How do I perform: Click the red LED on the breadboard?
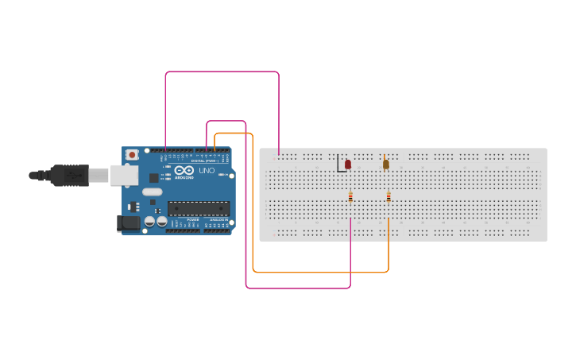click(347, 164)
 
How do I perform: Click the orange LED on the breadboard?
click(385, 165)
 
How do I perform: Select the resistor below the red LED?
click(350, 197)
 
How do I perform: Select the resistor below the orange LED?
click(389, 197)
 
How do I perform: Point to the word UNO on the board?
click(206, 171)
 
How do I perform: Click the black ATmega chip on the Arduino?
click(198, 209)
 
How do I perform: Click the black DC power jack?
click(127, 223)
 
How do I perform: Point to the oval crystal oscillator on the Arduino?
click(153, 192)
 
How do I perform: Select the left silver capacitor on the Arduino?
click(149, 223)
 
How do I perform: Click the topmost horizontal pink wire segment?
click(222, 72)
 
